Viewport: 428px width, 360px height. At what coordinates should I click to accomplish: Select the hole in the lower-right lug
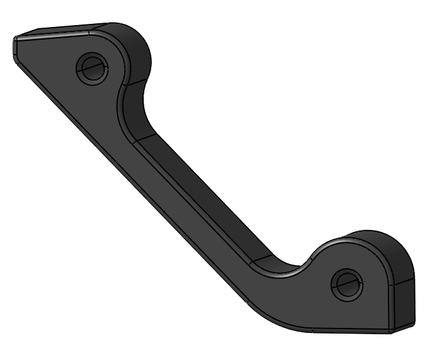pos(346,285)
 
